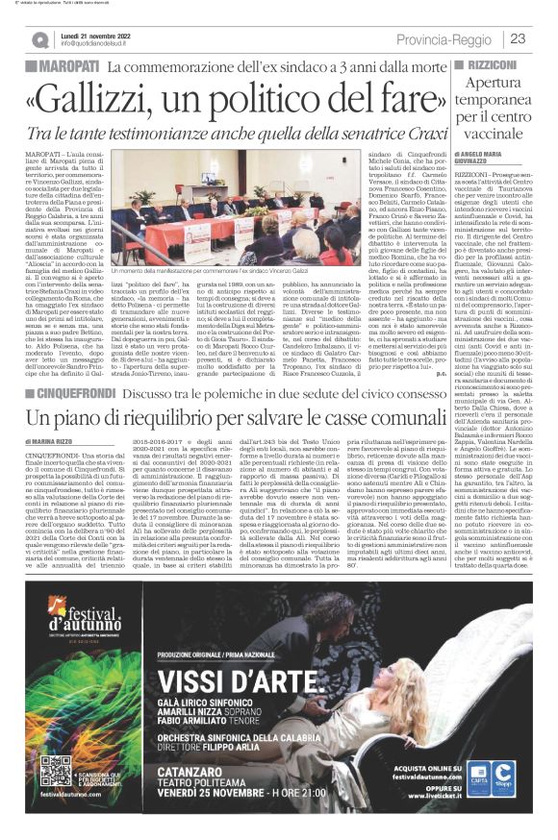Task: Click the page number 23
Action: tap(518, 38)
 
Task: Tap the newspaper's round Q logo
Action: tap(39, 39)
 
